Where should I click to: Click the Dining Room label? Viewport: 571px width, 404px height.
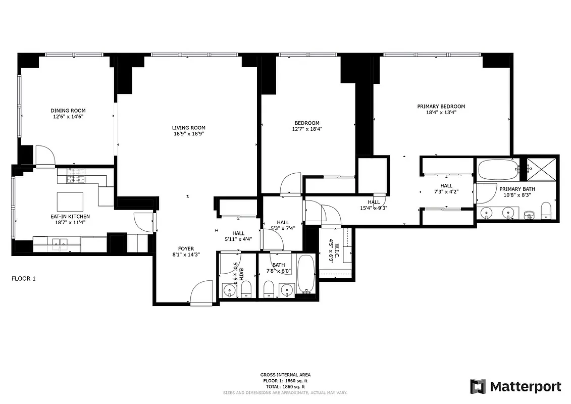click(68, 111)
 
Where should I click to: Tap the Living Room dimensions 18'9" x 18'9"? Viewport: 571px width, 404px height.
click(188, 134)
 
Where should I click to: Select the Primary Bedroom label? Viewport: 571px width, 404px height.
click(441, 107)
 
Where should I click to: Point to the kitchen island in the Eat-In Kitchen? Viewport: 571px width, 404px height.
click(70, 202)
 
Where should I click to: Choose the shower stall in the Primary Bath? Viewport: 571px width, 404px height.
click(541, 170)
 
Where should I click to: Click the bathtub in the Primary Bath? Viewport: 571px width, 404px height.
click(497, 171)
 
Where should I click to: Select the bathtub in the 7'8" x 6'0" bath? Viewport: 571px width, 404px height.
click(306, 274)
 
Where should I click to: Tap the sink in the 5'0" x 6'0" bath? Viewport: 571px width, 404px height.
click(230, 291)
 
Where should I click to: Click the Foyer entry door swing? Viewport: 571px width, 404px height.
click(202, 292)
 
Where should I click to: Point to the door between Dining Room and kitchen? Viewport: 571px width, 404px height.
click(44, 156)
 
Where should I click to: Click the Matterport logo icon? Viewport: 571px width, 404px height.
click(478, 386)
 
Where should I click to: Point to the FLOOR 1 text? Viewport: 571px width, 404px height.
click(23, 278)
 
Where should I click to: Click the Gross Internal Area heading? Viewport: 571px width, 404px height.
click(285, 375)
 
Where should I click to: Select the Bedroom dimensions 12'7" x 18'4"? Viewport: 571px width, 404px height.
click(307, 129)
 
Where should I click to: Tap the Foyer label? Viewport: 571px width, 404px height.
click(186, 248)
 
